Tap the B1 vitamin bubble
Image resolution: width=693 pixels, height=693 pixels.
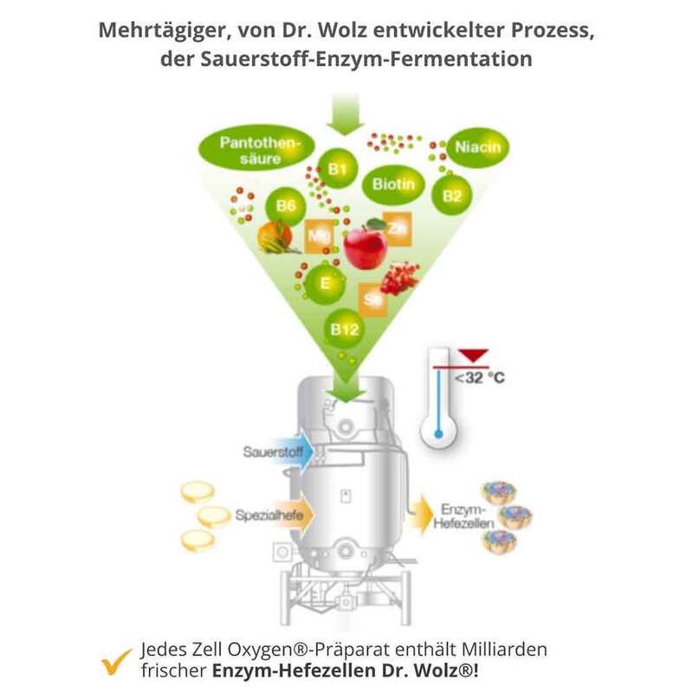click(337, 169)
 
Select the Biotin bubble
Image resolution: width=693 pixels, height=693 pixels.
click(394, 184)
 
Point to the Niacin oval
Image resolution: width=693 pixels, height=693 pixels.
click(477, 147)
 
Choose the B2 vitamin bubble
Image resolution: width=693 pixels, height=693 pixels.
click(452, 195)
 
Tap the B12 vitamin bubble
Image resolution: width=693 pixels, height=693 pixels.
click(344, 328)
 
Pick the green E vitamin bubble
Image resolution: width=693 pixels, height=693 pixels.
click(322, 283)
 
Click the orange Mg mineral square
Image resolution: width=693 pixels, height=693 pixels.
click(318, 236)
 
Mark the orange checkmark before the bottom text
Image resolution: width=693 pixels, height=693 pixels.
click(115, 661)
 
